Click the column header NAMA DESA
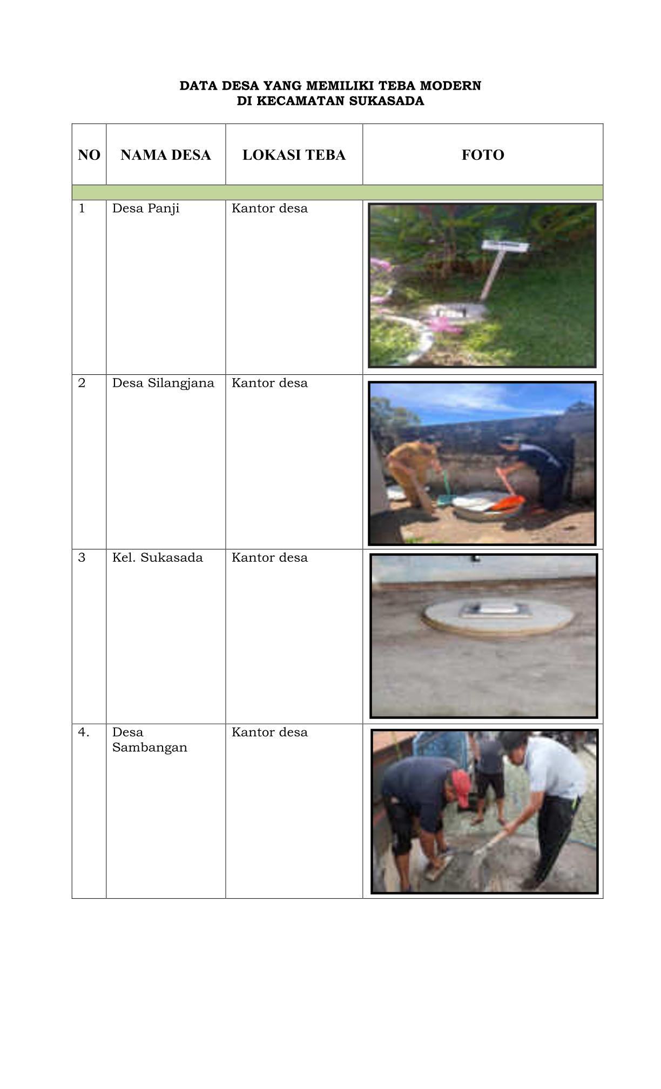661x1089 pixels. [165, 155]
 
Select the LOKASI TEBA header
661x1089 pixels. [294, 155]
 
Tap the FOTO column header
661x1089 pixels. [483, 155]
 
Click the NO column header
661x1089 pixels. [89, 155]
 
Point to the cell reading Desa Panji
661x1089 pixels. [146, 209]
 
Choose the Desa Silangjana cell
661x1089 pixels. [163, 384]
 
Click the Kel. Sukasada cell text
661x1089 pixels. [158, 557]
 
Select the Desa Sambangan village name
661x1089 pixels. [150, 740]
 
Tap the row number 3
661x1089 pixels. [82, 557]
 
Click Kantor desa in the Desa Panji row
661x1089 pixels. [269, 209]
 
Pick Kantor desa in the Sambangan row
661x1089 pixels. [269, 732]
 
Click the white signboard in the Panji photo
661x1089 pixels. [505, 246]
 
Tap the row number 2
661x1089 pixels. [82, 383]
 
